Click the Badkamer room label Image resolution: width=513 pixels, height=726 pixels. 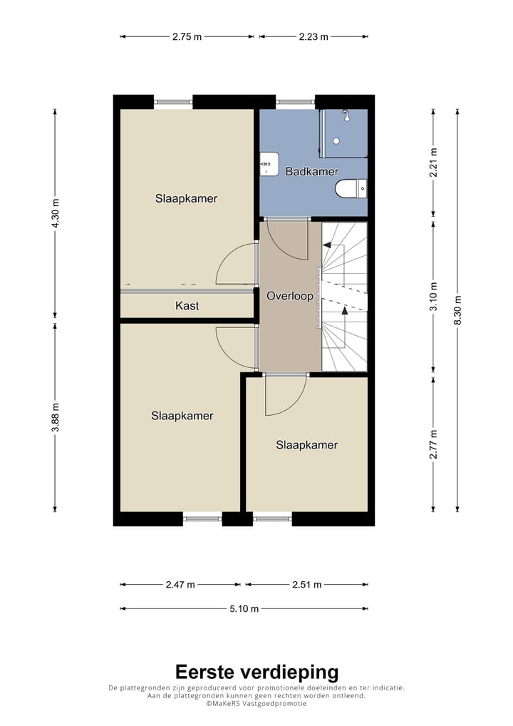311,172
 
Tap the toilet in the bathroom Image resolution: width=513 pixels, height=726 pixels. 350,189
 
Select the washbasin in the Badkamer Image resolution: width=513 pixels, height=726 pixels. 269,163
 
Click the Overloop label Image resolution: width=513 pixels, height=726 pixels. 289,296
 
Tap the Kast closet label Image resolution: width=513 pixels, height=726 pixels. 187,306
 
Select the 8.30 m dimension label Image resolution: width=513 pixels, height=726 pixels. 457,310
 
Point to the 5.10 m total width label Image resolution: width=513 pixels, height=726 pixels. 244,608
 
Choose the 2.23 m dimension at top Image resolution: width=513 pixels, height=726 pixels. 313,36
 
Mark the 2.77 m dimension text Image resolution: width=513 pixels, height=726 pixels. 433,444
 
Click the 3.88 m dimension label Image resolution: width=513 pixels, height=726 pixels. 55,417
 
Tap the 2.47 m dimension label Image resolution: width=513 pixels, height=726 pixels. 180,584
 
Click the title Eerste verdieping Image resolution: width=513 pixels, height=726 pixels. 256,672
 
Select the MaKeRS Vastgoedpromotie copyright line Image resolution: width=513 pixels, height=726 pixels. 256,703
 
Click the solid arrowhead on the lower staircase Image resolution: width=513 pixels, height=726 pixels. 345,310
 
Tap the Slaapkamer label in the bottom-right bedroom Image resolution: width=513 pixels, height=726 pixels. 306,445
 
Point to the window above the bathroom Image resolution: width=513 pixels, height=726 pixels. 296,102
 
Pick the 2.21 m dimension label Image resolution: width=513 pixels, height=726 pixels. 433,160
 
